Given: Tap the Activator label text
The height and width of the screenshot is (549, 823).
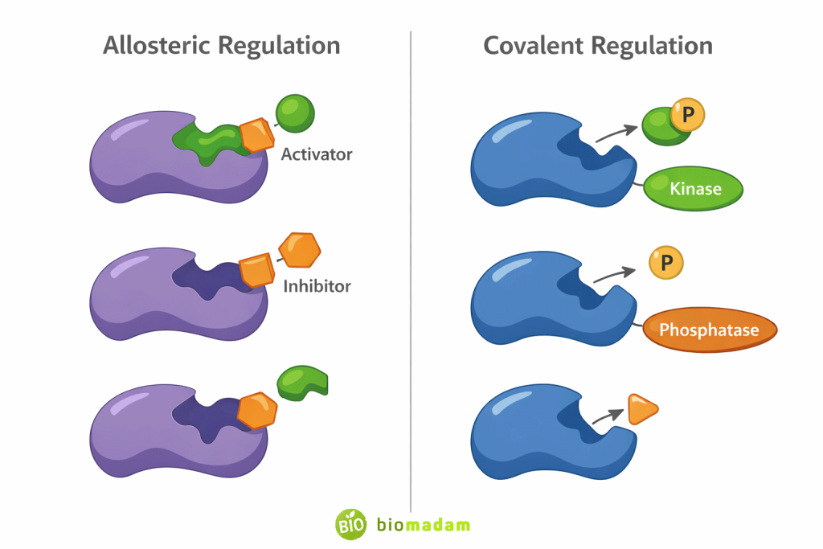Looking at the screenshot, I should [x=316, y=154].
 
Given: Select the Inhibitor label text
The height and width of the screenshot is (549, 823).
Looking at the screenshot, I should [x=317, y=285].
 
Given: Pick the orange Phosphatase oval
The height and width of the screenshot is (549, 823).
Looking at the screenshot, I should [x=710, y=330].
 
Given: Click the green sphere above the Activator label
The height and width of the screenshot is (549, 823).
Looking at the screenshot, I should [x=295, y=113].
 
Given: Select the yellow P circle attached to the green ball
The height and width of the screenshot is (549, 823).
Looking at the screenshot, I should [x=687, y=116].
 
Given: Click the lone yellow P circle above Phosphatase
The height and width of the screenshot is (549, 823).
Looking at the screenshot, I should [x=666, y=262].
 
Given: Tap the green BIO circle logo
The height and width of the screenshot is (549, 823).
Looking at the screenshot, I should [x=350, y=525].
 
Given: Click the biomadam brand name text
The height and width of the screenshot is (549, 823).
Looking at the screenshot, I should [x=423, y=525].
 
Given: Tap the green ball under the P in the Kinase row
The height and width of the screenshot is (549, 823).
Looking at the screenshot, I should [x=661, y=129].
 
